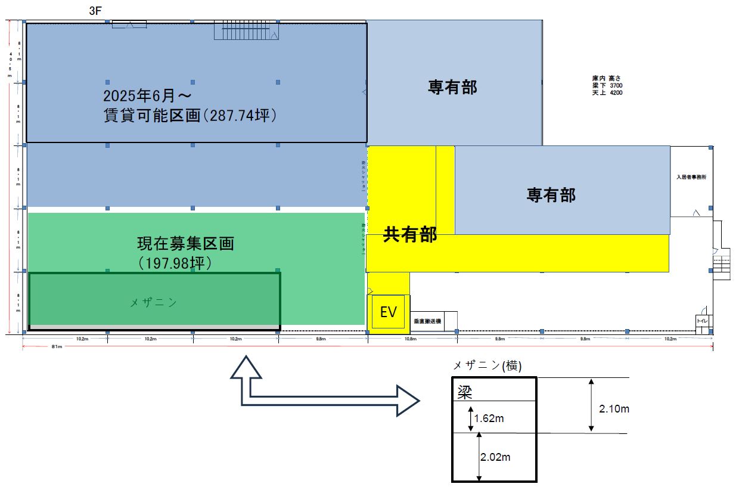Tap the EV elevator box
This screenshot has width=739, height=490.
pyautogui.click(x=388, y=312)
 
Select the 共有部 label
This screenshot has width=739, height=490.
pyautogui.click(x=410, y=235)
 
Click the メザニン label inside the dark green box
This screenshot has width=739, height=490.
pyautogui.click(x=153, y=303)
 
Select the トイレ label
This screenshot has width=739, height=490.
pyautogui.click(x=703, y=321)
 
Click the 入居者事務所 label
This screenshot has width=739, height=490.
pyautogui.click(x=691, y=177)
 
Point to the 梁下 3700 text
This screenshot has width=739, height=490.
pyautogui.click(x=607, y=85)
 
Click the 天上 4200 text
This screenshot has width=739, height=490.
pyautogui.click(x=607, y=92)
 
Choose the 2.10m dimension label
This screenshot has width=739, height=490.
pyautogui.click(x=614, y=409)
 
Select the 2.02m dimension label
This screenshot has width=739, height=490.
pyautogui.click(x=496, y=457)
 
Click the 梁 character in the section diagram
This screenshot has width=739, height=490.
pyautogui.click(x=465, y=391)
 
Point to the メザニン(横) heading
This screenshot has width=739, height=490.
pyautogui.click(x=488, y=366)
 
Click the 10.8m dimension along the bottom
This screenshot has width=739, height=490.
pyautogui.click(x=410, y=339)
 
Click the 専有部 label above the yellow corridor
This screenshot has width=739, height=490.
pyautogui.click(x=452, y=87)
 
